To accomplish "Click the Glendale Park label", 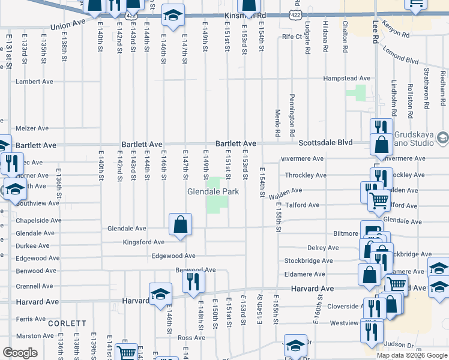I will [213, 191].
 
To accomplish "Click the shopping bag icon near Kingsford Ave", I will [181, 226].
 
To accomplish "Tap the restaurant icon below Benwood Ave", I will [193, 281].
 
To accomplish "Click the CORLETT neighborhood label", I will [67, 323].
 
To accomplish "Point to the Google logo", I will [20, 353].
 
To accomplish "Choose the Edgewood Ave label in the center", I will [173, 256].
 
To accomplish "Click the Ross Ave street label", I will [191, 338].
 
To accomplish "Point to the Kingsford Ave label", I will [143, 242].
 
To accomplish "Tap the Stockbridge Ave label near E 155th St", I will [309, 261].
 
